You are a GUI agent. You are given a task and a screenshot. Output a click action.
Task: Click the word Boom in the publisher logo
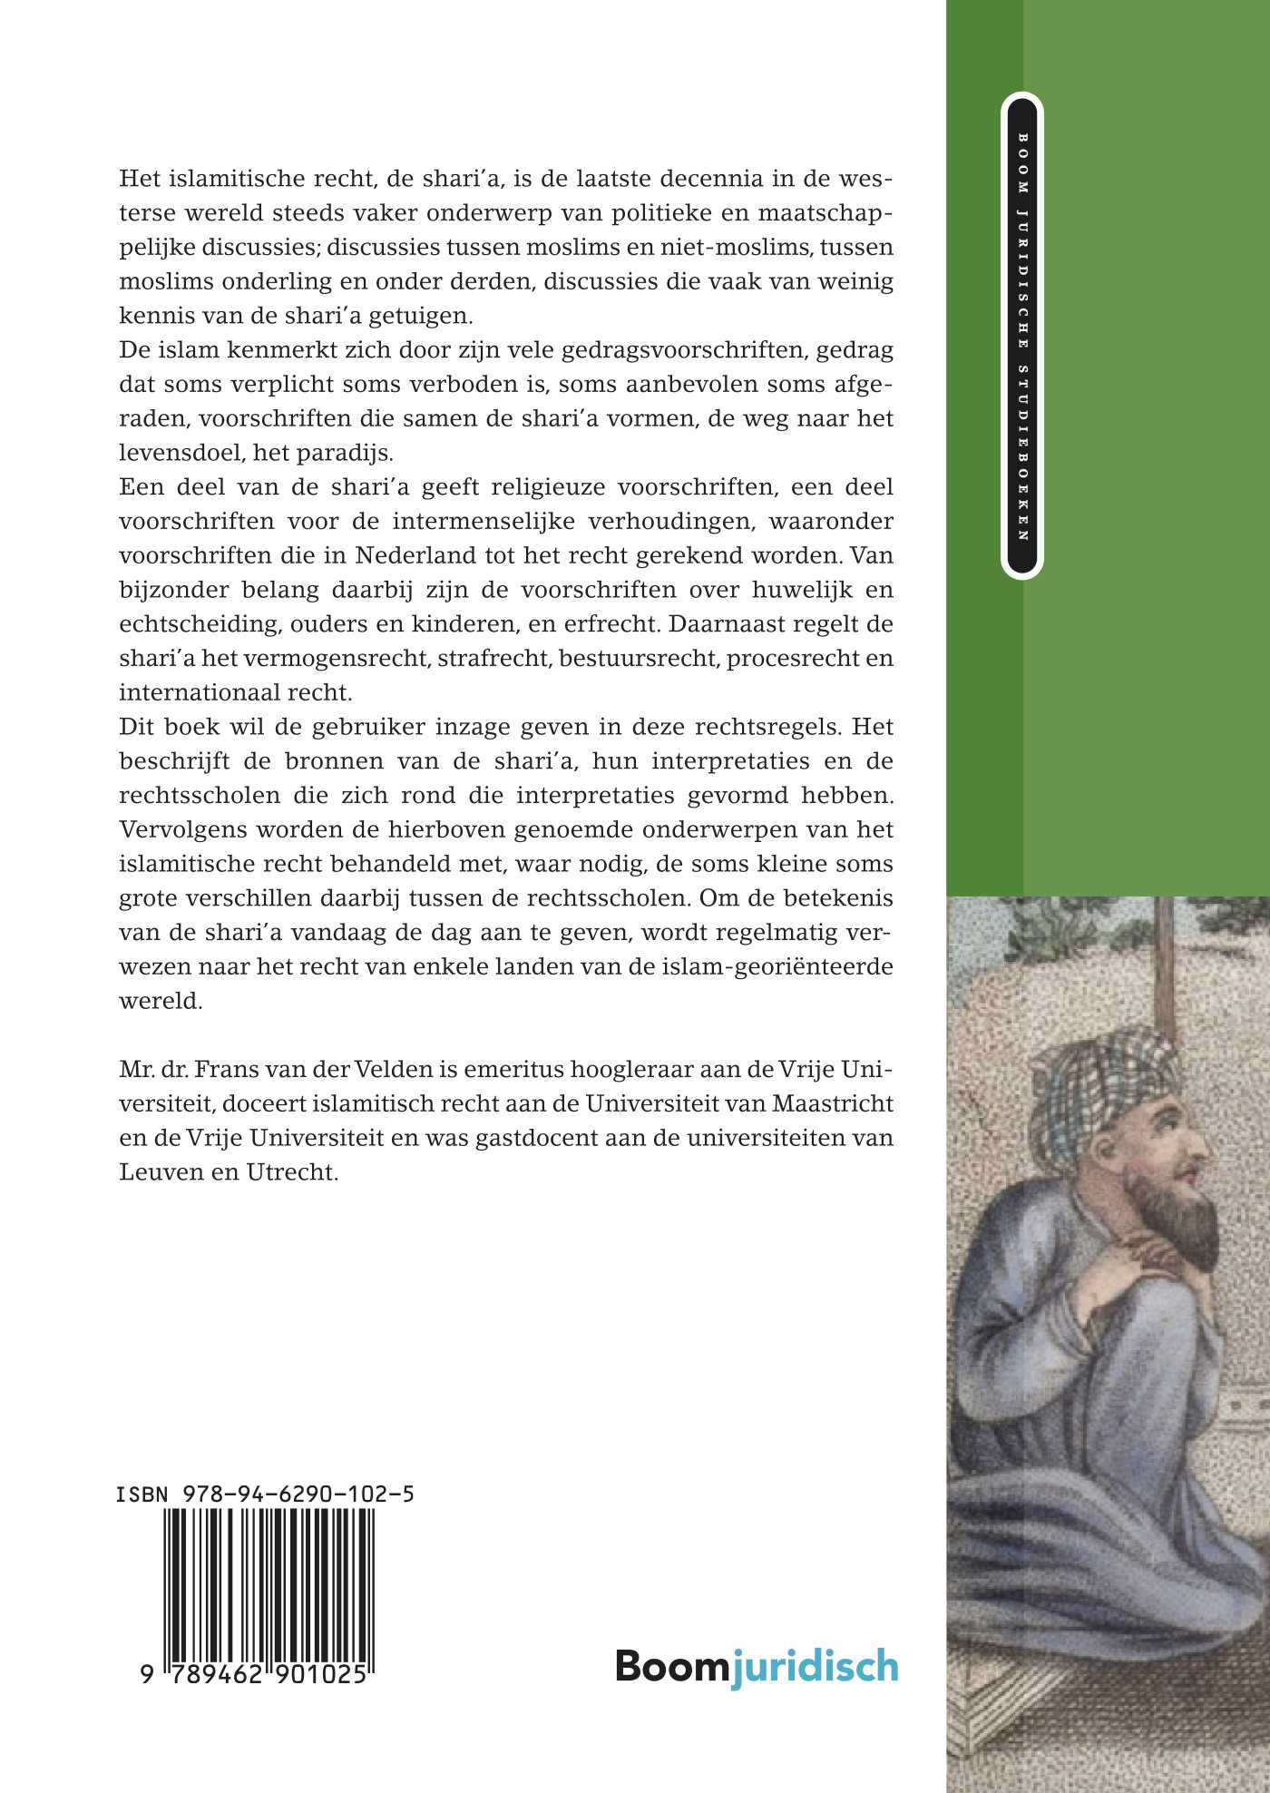pyautogui.click(x=672, y=1666)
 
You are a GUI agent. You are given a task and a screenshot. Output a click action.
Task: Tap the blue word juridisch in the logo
pyautogui.click(x=815, y=1668)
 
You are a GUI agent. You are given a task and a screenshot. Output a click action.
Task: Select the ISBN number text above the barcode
pyautogui.click(x=265, y=1494)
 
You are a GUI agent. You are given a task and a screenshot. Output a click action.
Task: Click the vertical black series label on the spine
pyautogui.click(x=1022, y=335)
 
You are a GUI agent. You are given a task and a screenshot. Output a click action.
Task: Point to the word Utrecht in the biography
pyautogui.click(x=291, y=1172)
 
